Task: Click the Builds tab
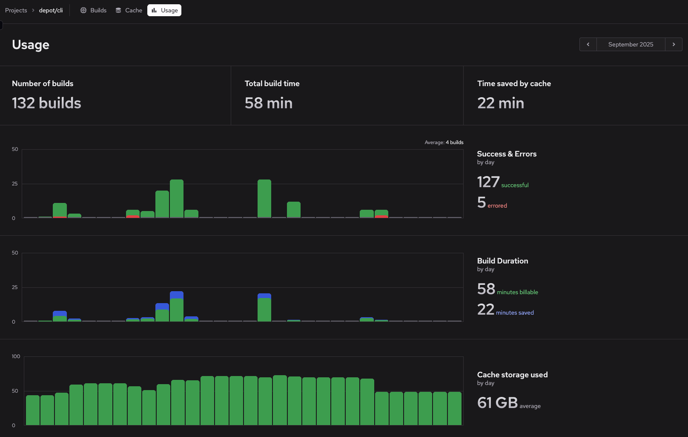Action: [x=94, y=10]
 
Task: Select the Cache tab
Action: [x=129, y=10]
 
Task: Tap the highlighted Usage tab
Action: [x=164, y=10]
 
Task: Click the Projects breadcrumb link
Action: [x=16, y=10]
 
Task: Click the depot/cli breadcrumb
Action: [x=51, y=10]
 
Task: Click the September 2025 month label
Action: [x=631, y=44]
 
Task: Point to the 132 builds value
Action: [x=46, y=103]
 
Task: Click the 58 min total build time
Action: [x=268, y=103]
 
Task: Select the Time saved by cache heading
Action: [x=514, y=84]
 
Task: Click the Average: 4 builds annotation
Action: [x=444, y=142]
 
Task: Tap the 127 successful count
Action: [x=502, y=182]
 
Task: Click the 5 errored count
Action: [x=492, y=203]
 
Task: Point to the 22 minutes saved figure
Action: [x=505, y=310]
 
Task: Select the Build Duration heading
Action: [x=502, y=261]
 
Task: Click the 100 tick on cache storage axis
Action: [x=16, y=356]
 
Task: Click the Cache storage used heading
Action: [x=512, y=375]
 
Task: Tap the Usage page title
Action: [x=31, y=45]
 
